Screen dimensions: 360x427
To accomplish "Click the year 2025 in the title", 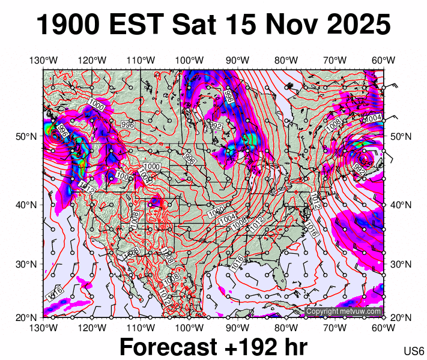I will tap(358, 26).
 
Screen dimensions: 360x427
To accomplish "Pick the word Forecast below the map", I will tap(168, 347).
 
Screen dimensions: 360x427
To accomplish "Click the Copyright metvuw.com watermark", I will tap(344, 311).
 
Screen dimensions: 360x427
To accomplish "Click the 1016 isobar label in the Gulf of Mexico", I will tap(237, 261).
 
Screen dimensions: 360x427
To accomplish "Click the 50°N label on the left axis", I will tap(29, 136).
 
